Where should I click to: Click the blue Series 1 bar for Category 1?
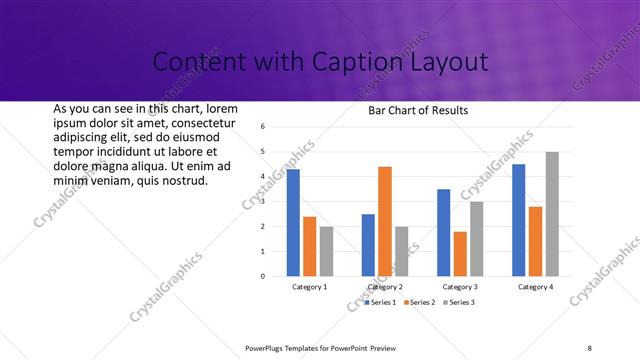click(x=293, y=222)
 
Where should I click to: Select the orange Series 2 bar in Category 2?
click(x=384, y=221)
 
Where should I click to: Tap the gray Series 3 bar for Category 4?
click(x=552, y=214)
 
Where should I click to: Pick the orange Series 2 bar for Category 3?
click(x=459, y=254)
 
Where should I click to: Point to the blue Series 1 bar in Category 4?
click(x=518, y=220)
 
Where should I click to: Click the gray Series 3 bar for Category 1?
click(x=326, y=251)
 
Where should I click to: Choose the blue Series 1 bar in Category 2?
click(x=368, y=245)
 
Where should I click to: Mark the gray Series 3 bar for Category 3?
click(x=476, y=239)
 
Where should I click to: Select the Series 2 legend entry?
click(x=419, y=302)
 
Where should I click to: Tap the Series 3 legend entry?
click(x=458, y=302)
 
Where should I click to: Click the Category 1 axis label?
click(x=309, y=287)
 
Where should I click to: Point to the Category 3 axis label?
click(x=460, y=287)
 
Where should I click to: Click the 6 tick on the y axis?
click(x=262, y=127)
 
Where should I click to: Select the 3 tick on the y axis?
click(x=262, y=202)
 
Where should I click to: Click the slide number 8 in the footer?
click(x=590, y=347)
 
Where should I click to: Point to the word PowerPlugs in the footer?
click(x=266, y=347)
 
